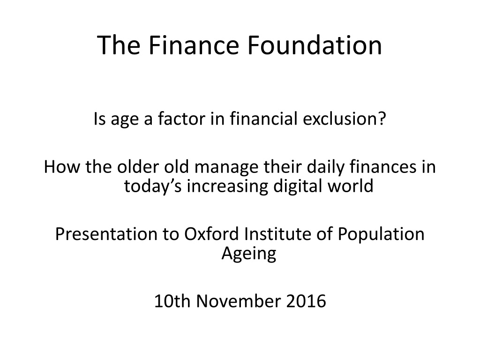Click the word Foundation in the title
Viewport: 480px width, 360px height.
pyautogui.click(x=315, y=45)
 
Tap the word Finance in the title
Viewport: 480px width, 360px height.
pyautogui.click(x=194, y=45)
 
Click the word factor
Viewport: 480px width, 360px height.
pyautogui.click(x=181, y=119)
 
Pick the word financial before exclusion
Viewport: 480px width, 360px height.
pyautogui.click(x=264, y=119)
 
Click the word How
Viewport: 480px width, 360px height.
pyautogui.click(x=62, y=167)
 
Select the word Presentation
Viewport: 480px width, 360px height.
pyautogui.click(x=106, y=234)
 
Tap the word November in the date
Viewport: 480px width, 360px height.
pyautogui.click(x=238, y=301)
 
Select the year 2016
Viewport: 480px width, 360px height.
pyautogui.click(x=306, y=301)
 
